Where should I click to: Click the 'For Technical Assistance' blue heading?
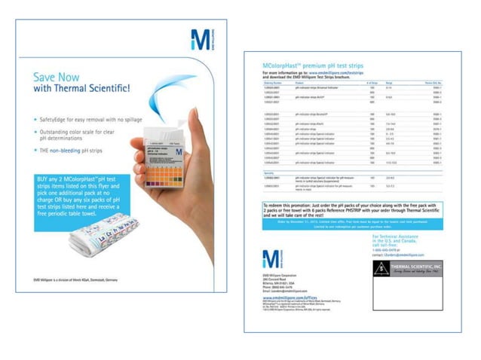397,236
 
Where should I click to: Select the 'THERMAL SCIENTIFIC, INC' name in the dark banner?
422,267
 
